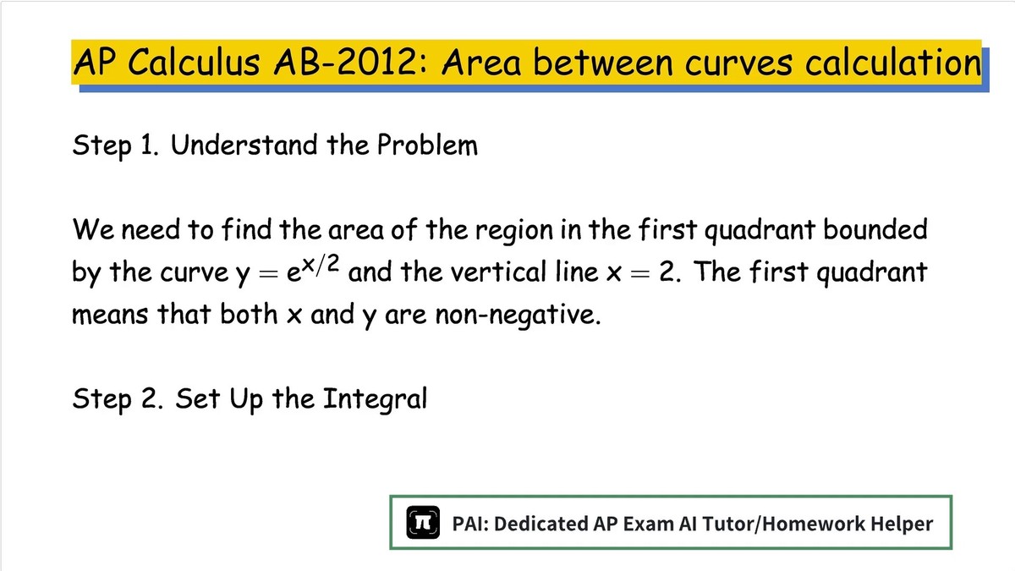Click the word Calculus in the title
pyautogui.click(x=194, y=62)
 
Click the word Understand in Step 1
pyautogui.click(x=244, y=145)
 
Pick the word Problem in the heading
pyautogui.click(x=427, y=145)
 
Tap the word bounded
pyautogui.click(x=875, y=229)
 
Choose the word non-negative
pyautogui.click(x=518, y=315)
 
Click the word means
pyautogui.click(x=110, y=315)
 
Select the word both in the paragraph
pyautogui.click(x=249, y=314)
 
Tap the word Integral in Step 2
pyautogui.click(x=376, y=399)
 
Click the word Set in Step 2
pyautogui.click(x=198, y=398)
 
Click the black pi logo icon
pyautogui.click(x=423, y=522)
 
